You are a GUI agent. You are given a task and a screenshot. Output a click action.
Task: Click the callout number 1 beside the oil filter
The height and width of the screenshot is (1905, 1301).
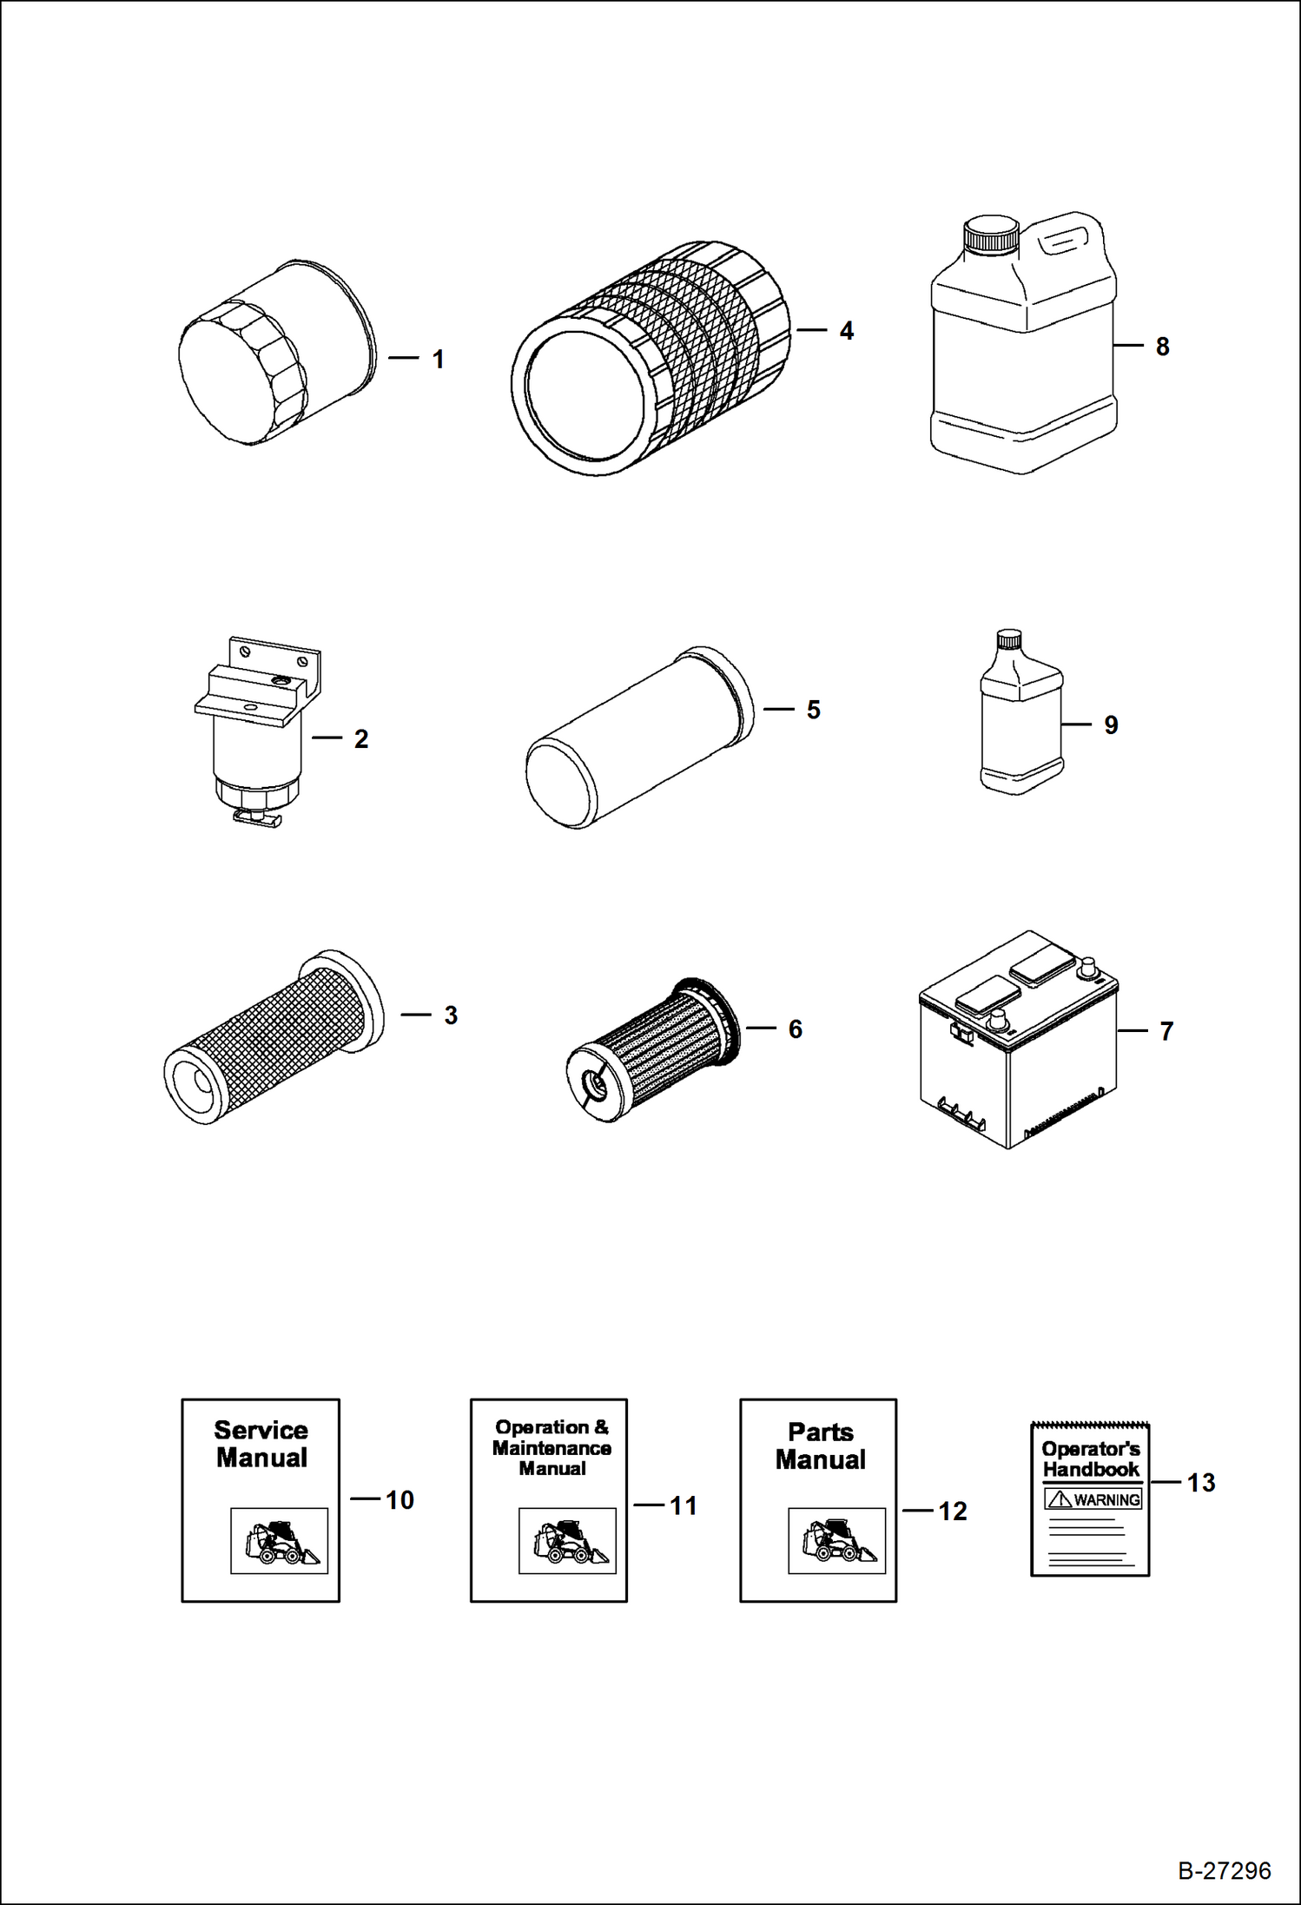(x=439, y=360)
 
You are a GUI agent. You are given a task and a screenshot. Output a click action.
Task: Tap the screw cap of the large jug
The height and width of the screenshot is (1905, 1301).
(x=990, y=235)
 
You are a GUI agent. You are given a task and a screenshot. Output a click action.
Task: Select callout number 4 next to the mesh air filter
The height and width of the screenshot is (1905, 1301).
(x=846, y=331)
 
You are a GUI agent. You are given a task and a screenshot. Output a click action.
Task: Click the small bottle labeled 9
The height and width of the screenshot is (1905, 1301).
(x=1020, y=717)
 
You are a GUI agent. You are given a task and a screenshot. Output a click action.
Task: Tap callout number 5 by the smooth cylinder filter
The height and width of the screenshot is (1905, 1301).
(x=813, y=710)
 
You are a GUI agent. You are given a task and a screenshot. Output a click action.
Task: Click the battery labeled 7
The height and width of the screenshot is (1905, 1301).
(x=1018, y=1042)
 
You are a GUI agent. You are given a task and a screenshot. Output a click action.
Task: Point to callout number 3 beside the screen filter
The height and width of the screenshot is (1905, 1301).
(x=450, y=1015)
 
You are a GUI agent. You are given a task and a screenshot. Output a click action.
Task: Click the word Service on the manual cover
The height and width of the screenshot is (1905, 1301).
(x=261, y=1430)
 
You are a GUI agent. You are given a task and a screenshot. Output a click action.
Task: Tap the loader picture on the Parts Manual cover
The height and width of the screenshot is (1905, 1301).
(x=836, y=1541)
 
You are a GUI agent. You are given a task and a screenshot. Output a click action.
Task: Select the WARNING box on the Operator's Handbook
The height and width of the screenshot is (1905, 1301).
(x=1093, y=1499)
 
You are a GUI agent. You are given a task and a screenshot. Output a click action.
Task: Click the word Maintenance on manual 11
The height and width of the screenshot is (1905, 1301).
(x=551, y=1448)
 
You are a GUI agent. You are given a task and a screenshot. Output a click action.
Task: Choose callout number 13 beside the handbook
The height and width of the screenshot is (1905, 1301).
(x=1201, y=1483)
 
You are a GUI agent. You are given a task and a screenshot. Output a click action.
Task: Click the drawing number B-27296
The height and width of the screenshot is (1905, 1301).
(x=1224, y=1870)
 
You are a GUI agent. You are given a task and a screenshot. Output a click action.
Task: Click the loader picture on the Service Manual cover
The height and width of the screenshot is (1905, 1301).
(x=279, y=1541)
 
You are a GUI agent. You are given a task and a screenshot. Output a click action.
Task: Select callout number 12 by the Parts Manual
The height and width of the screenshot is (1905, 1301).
(x=952, y=1511)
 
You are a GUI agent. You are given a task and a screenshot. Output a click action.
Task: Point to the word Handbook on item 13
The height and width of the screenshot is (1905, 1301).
(x=1091, y=1470)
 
